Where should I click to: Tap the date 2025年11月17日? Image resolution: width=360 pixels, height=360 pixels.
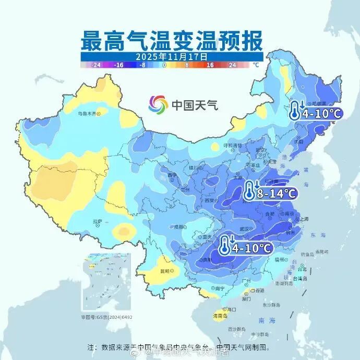[172, 56]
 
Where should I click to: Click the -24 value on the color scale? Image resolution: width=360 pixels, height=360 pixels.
[95, 65]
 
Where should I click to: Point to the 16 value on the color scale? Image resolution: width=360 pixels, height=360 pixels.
[210, 65]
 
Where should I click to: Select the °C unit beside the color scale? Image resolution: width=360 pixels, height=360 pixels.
[255, 65]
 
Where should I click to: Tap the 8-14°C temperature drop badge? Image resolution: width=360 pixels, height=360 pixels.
[270, 193]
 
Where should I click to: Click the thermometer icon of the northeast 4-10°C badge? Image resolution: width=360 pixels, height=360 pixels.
[295, 111]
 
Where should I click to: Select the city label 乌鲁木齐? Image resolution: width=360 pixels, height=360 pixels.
[87, 113]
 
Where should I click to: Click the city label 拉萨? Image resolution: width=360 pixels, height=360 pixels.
[98, 222]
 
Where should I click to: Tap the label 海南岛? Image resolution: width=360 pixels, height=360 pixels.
[221, 316]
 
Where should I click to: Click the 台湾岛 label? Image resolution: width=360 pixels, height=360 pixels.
[302, 279]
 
